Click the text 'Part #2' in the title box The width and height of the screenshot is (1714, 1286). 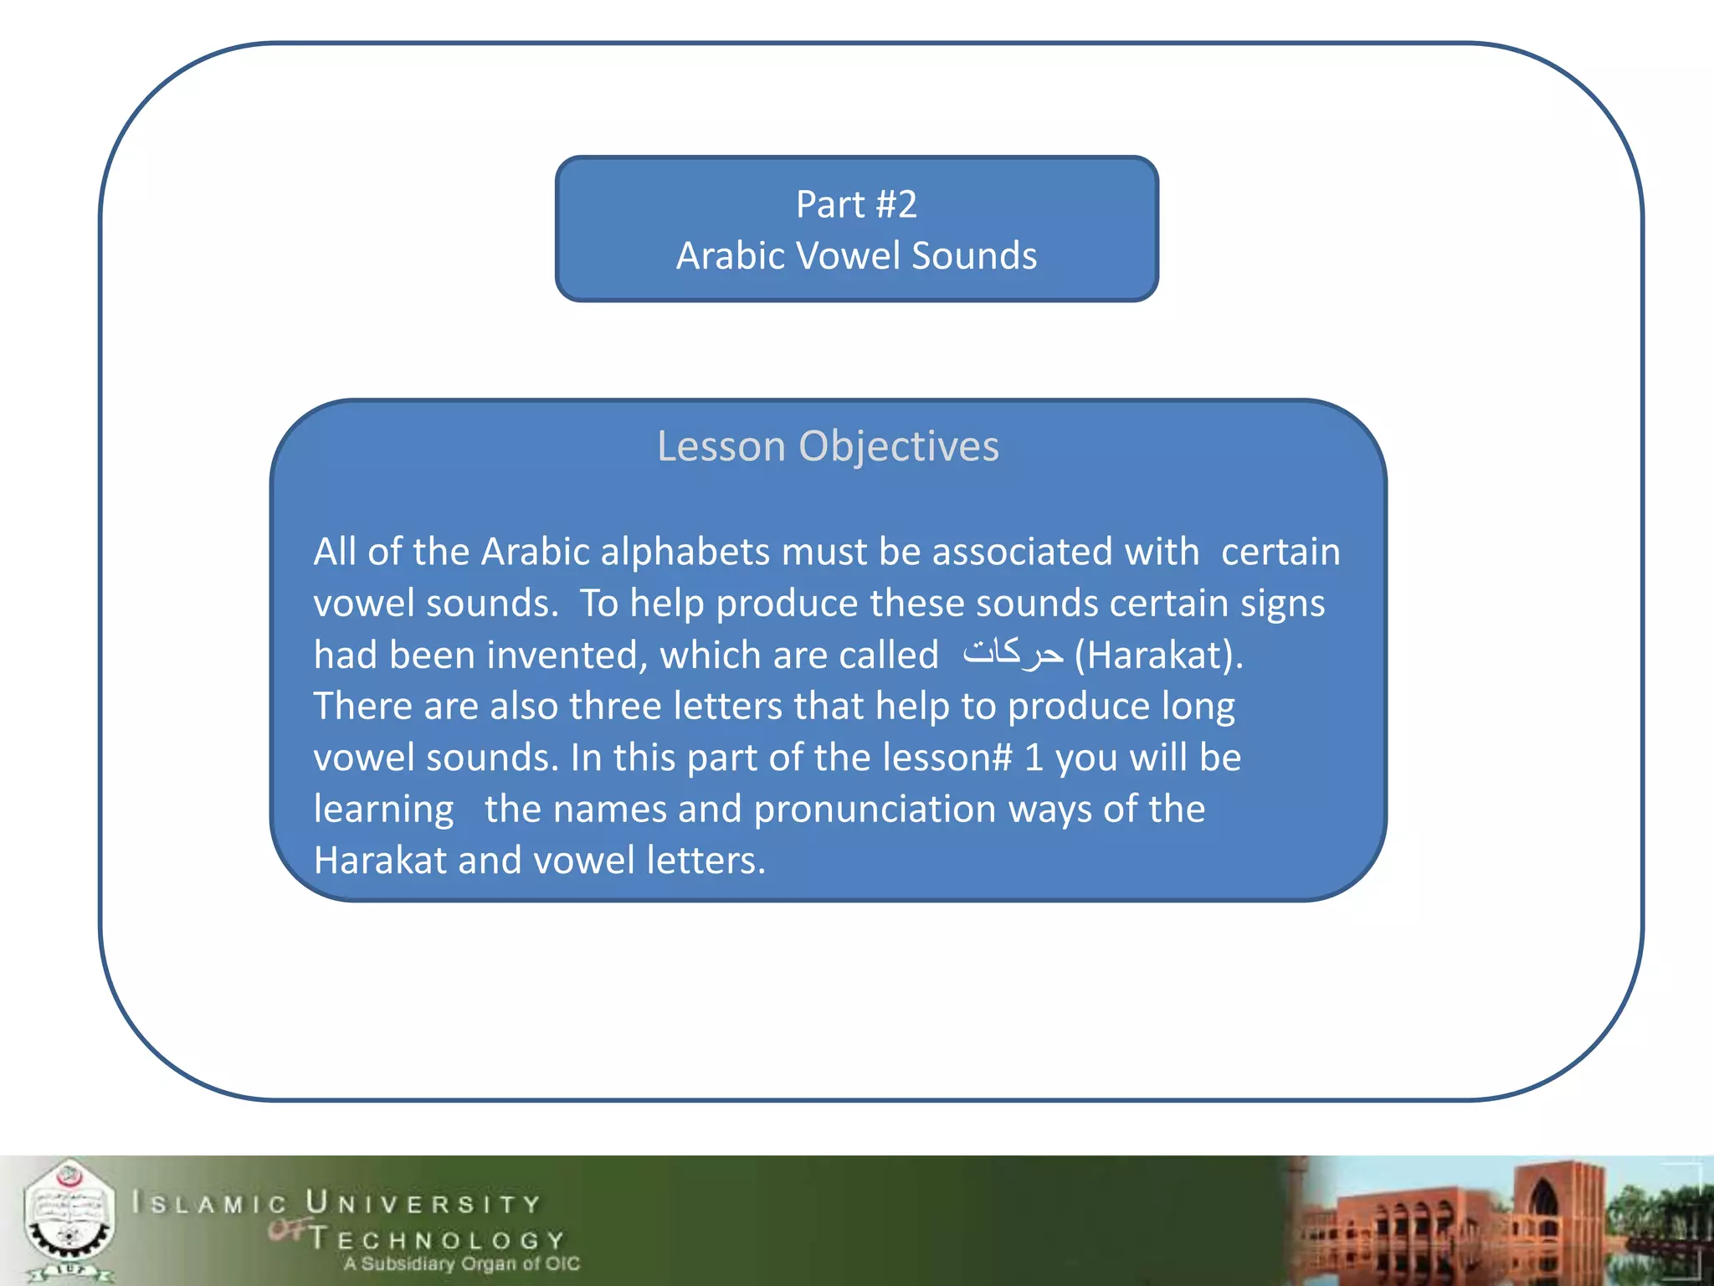(x=856, y=204)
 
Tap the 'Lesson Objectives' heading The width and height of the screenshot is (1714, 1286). (x=828, y=445)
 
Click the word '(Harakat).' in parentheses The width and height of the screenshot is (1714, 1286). (x=1158, y=655)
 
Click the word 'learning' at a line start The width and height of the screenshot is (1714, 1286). (x=383, y=810)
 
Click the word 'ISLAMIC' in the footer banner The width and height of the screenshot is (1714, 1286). (x=209, y=1204)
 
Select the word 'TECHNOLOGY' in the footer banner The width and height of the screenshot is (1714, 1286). (x=437, y=1239)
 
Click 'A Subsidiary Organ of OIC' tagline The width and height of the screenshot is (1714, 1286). (x=461, y=1263)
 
